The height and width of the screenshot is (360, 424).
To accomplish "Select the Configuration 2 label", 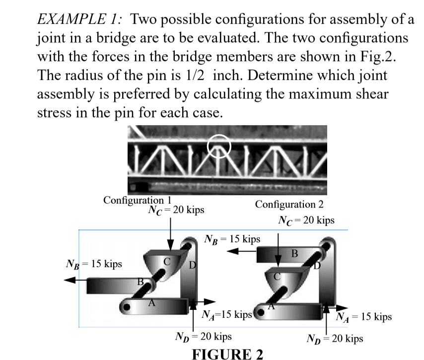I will [289, 205].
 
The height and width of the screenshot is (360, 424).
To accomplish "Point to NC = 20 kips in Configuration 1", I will [176, 210].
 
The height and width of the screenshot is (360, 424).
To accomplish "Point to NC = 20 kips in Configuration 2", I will [306, 220].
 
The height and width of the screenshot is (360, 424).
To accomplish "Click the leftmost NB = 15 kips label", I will [94, 264].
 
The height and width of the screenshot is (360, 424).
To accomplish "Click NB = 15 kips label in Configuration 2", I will [232, 239].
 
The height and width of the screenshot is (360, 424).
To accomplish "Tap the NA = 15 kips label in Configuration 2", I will [364, 316].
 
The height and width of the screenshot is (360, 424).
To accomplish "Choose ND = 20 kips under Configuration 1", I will [204, 337].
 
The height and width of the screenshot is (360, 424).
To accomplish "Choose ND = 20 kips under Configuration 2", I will [335, 339].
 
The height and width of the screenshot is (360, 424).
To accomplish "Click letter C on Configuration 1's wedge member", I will [167, 260].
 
